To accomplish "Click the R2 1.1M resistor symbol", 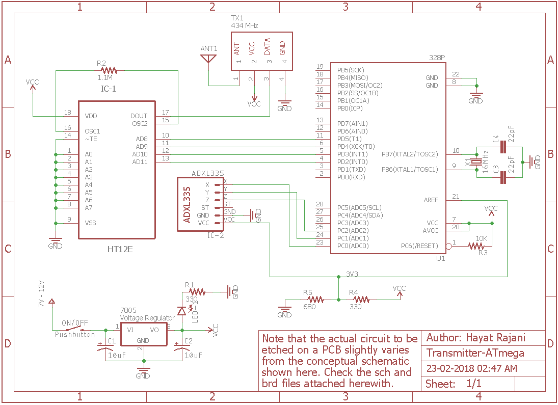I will click(x=109, y=70).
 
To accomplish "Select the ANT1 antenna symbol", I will click(x=208, y=58).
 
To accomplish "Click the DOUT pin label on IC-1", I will click(x=139, y=116).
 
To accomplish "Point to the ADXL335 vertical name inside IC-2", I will click(x=187, y=204).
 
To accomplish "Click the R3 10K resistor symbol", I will click(x=476, y=246).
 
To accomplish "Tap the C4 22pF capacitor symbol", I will click(x=503, y=147).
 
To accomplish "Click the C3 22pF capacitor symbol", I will click(x=503, y=177).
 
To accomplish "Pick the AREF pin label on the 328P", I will click(x=431, y=200).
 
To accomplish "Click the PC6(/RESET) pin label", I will click(x=419, y=246).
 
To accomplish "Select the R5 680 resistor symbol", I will click(x=314, y=300).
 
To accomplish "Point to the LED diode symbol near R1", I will click(x=182, y=311).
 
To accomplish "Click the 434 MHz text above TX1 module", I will click(x=245, y=25).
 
